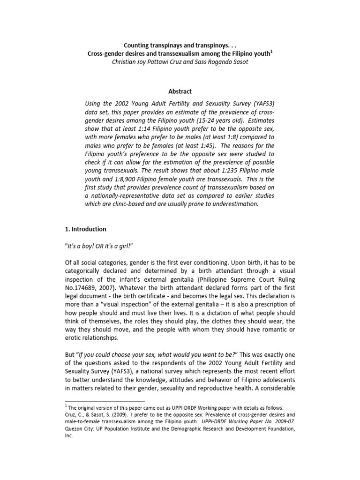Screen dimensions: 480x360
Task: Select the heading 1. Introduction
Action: [85, 229]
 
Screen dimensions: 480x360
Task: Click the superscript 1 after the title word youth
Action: [271, 52]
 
